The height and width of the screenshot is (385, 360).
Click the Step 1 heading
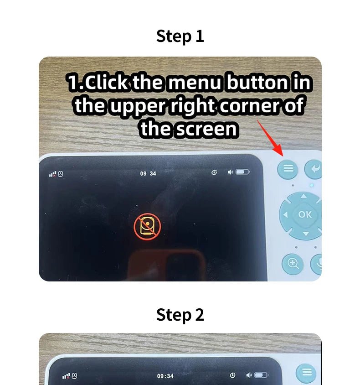(x=180, y=36)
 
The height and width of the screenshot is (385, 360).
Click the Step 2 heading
(x=180, y=315)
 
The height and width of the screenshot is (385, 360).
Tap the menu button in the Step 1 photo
(x=288, y=169)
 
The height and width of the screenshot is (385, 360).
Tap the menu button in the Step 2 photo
(x=306, y=373)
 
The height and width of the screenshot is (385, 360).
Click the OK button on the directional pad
(x=305, y=215)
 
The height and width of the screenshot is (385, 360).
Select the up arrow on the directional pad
(x=303, y=196)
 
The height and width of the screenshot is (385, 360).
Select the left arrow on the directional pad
(x=285, y=215)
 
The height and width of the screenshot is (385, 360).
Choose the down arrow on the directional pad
(x=306, y=234)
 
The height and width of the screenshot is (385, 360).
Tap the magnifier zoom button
(x=293, y=264)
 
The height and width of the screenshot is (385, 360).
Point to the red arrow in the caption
(x=270, y=138)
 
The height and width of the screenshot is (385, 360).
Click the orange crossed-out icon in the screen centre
(x=147, y=226)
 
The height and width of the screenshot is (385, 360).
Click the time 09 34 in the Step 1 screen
(x=148, y=174)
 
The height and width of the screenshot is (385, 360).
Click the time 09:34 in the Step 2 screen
(x=165, y=376)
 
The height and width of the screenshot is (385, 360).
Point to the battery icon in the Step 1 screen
(x=243, y=172)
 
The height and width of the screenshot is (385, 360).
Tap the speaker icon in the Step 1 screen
(x=230, y=172)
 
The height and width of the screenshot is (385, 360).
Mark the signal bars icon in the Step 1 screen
(x=52, y=174)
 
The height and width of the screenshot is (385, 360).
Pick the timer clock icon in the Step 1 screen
(x=214, y=172)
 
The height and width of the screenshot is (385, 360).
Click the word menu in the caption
(x=195, y=82)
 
